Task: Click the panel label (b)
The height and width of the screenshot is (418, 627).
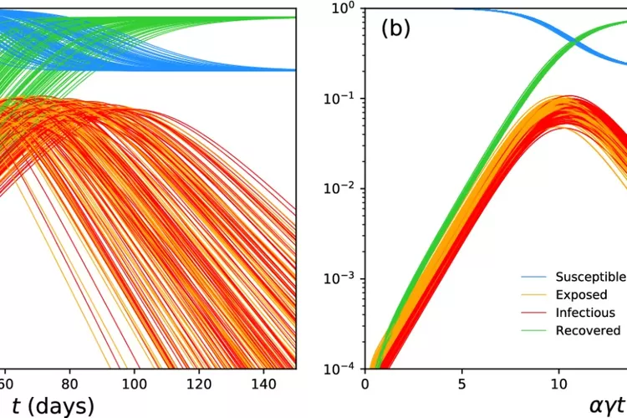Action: click(x=396, y=28)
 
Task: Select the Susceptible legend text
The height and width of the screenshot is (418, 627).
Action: click(x=590, y=277)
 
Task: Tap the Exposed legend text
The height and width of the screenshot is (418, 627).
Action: click(x=581, y=294)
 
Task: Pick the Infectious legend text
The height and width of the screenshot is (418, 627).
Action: click(x=585, y=313)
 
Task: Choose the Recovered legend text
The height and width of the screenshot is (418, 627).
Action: click(x=588, y=330)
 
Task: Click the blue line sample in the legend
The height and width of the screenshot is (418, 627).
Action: click(x=534, y=277)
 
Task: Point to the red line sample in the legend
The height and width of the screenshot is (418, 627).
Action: click(x=534, y=313)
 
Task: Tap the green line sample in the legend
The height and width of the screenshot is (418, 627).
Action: click(x=534, y=330)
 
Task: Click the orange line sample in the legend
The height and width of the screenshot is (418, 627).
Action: click(x=534, y=294)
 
